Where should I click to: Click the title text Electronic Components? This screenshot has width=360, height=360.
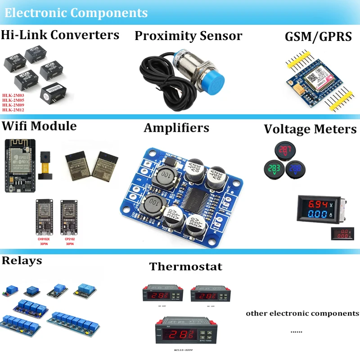[76, 13]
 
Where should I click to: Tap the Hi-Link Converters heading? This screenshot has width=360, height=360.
[60, 35]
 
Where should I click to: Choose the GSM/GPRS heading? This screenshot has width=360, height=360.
[318, 36]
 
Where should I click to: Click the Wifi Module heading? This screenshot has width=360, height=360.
[39, 126]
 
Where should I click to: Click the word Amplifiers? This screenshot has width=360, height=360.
[176, 128]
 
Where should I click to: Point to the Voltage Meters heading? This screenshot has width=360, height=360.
[310, 130]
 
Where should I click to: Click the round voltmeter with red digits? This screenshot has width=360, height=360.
[284, 151]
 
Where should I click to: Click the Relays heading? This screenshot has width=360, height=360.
[22, 260]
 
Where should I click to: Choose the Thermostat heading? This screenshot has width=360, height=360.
[185, 266]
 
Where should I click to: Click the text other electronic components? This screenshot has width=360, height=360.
[302, 313]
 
